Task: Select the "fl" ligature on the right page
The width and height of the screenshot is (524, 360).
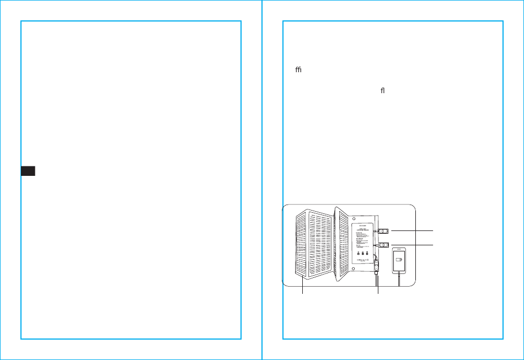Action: click(x=381, y=90)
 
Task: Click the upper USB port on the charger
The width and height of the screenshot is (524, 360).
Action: click(x=384, y=231)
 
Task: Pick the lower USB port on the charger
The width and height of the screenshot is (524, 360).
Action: click(x=384, y=245)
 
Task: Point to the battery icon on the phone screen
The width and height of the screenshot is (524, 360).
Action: click(x=399, y=260)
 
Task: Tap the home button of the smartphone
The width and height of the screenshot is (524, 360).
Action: click(x=399, y=272)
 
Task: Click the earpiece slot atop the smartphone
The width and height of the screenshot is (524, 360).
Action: click(x=399, y=250)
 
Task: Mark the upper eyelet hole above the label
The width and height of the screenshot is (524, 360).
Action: click(x=354, y=218)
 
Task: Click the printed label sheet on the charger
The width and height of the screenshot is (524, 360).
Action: click(x=363, y=243)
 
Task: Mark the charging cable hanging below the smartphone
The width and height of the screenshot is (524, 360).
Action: click(x=399, y=281)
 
